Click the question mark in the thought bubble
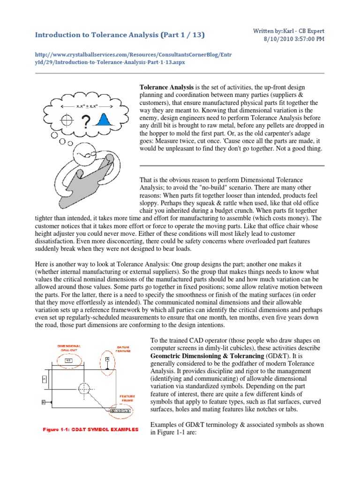coord(86,123)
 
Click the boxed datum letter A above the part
coord(107,359)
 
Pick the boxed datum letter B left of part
coord(43,402)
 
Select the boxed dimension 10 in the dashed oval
coord(67,360)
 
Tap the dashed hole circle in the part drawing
coord(84,389)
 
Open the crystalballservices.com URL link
coord(133,58)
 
